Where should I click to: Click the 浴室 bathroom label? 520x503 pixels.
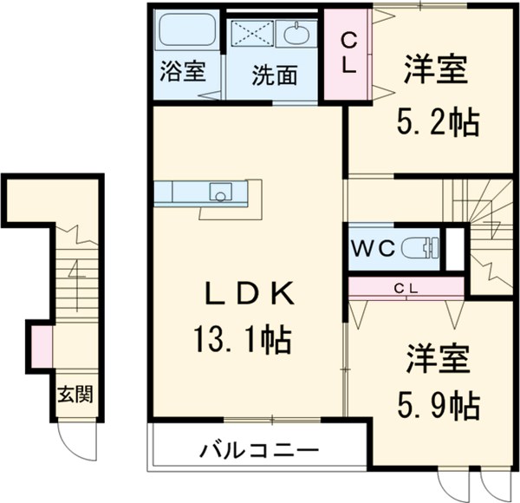pos(183,72)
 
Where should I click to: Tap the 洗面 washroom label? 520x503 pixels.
pos(274,75)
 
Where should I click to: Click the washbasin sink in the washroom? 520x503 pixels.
pos(296,35)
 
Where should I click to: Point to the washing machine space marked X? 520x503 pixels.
pos(252,35)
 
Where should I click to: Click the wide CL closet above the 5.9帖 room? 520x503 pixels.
pos(406,287)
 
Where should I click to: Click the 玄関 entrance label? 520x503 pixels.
pos(75,395)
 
